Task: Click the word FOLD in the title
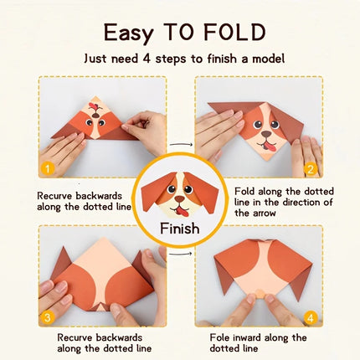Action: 234,33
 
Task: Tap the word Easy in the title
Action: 128,33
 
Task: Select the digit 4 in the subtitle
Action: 147,59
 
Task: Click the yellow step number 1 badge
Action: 48,169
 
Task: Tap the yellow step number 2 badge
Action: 311,169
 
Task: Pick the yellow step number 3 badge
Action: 48,317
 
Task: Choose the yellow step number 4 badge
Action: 311,318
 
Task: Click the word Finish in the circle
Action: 180,229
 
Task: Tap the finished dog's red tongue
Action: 181,213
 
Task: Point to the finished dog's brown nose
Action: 180,199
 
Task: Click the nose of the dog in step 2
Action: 266,134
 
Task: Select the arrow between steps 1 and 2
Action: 181,144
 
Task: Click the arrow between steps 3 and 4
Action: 181,254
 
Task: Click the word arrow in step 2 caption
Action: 264,213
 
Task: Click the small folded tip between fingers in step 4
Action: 260,294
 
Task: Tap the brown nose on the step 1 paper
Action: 95,116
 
